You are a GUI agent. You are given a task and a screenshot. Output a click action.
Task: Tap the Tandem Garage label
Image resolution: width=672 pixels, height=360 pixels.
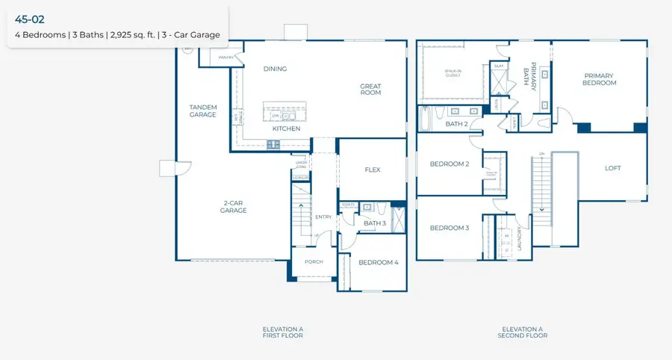202,111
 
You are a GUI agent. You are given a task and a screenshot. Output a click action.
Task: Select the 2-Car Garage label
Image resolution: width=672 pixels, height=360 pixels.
233,206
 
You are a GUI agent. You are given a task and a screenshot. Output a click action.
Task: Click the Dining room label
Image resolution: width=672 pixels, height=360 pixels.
275,69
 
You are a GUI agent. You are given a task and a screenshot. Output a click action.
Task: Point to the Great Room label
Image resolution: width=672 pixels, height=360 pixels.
370,89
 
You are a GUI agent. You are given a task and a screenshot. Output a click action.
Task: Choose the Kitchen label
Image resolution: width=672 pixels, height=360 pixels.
286,128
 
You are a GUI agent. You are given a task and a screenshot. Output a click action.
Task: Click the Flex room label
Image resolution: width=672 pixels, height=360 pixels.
373,170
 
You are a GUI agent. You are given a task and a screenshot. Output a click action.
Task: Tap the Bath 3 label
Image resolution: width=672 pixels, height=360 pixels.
375,223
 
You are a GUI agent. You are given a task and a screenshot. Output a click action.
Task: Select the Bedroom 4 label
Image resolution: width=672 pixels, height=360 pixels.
378,262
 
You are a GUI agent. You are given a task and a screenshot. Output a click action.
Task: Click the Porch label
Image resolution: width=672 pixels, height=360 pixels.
313,262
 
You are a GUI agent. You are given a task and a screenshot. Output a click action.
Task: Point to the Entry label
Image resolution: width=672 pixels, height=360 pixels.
323,217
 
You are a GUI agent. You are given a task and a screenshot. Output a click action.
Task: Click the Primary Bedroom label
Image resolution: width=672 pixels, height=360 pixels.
600,79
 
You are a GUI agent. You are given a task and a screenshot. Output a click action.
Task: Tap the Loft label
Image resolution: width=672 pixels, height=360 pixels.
612,168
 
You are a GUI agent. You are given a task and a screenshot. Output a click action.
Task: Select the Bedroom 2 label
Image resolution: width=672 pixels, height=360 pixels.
449,164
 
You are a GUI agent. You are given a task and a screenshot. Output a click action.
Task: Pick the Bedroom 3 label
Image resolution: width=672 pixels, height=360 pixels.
449,228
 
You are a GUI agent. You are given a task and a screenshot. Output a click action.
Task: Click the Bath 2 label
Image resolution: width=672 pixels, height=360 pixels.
456,124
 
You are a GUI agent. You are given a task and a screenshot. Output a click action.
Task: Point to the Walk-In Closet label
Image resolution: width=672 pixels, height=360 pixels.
453,72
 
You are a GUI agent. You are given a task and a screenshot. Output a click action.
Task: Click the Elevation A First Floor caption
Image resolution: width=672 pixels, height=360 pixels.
282,332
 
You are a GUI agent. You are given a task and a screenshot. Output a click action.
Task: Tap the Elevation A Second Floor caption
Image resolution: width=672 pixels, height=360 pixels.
523,332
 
